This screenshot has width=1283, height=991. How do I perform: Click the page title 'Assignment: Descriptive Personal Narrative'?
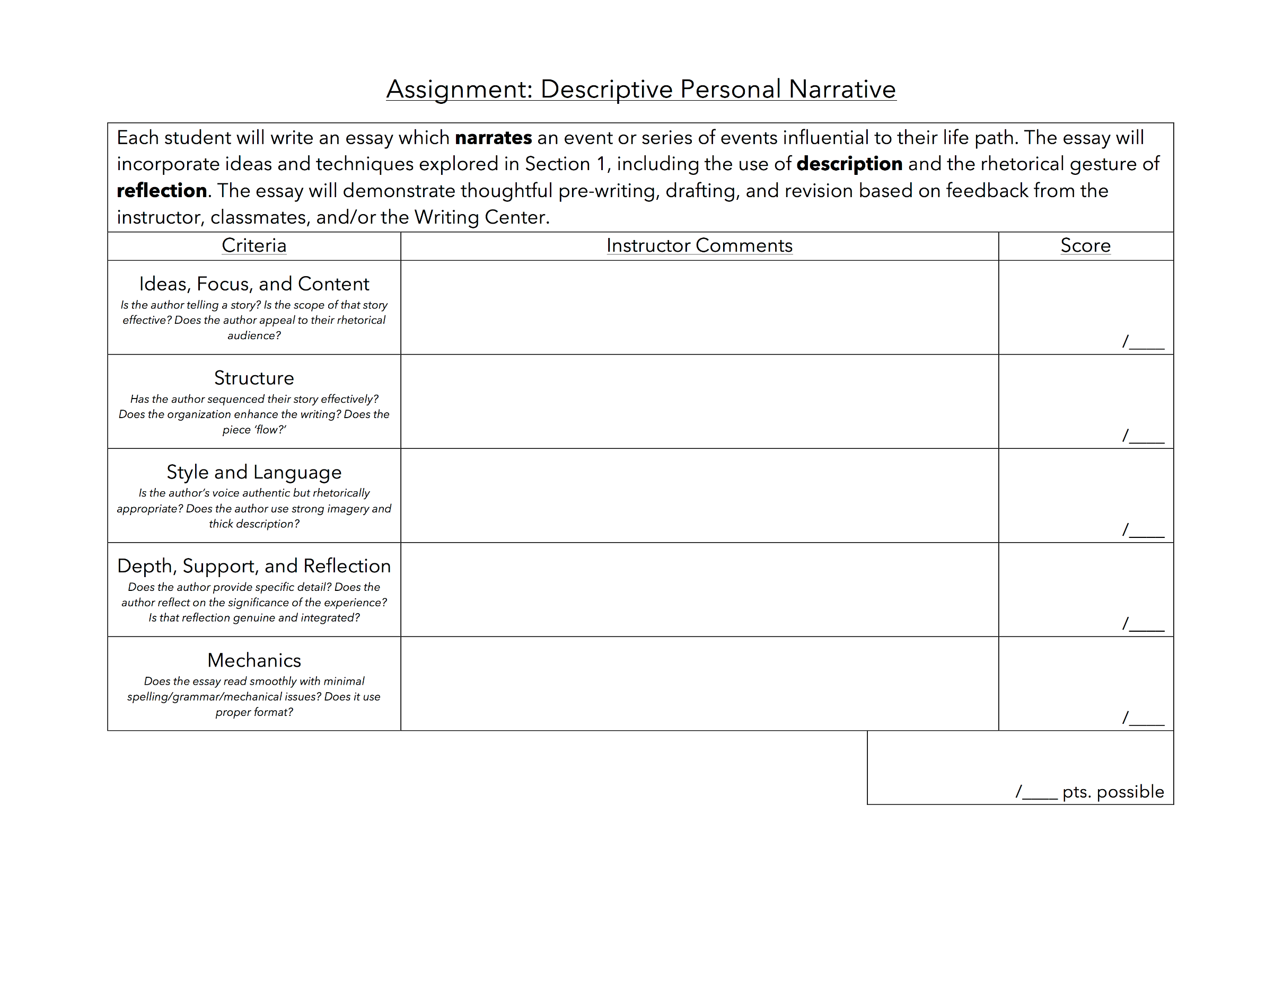point(640,89)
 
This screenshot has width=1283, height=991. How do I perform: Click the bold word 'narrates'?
point(493,137)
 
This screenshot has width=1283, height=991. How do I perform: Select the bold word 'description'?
point(849,164)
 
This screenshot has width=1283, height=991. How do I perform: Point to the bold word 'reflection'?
point(162,191)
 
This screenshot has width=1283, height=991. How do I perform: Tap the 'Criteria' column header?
point(254,245)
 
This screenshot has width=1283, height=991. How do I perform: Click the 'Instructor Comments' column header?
point(699,245)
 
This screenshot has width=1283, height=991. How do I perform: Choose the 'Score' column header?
point(1085,245)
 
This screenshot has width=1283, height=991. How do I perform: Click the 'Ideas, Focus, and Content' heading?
point(254,284)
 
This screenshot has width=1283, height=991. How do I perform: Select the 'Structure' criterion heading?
point(254,378)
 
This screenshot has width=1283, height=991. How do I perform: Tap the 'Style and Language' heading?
point(254,472)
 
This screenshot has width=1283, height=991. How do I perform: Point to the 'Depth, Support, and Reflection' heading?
point(254,566)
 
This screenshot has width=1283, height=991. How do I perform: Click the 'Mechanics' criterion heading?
point(254,660)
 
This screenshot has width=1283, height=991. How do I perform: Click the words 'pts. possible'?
point(1113,792)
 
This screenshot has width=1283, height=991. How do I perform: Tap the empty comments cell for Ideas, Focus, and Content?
point(699,307)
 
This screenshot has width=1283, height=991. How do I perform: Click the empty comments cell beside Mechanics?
point(699,684)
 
